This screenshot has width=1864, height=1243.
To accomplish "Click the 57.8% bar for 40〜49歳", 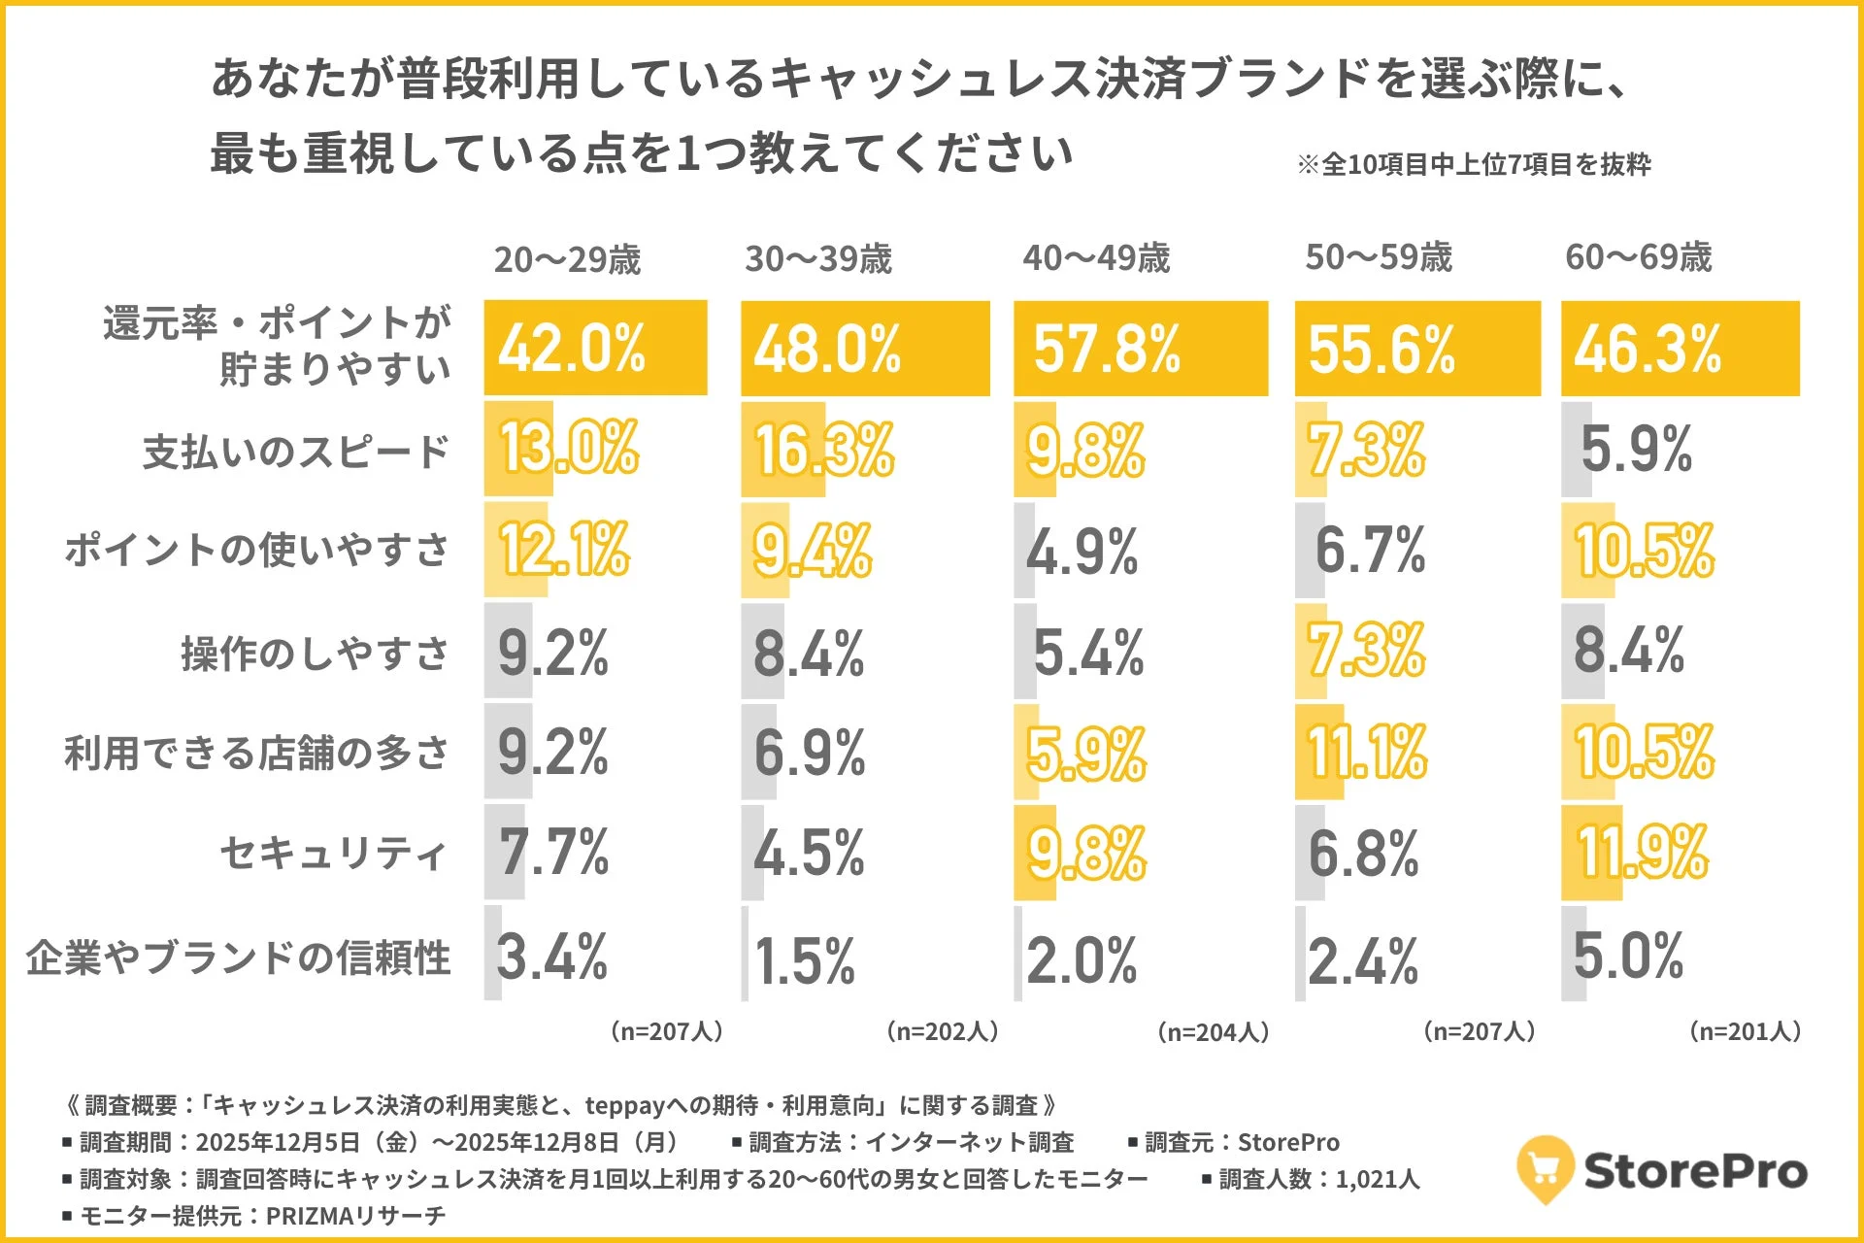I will [1140, 349].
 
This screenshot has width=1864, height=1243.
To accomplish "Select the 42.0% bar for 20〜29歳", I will [594, 349].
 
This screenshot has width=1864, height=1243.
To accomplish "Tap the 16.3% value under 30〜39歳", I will [823, 451].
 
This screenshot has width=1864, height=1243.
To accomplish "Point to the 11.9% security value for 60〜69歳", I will [1641, 853].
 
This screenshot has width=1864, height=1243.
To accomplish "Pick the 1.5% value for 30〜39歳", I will [804, 961].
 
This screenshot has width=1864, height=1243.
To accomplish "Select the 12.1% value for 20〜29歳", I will [563, 550].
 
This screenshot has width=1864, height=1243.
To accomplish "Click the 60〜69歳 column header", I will [1638, 257].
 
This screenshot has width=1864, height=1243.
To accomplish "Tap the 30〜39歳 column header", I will [817, 259].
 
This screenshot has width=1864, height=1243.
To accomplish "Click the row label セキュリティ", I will [333, 854].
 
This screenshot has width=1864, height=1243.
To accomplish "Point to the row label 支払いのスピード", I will [295, 452].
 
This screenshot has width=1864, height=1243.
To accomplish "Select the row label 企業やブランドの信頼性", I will [238, 957].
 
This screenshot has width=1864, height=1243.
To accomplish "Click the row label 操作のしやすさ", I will [315, 653].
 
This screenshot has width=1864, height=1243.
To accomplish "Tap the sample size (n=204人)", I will [1213, 1031].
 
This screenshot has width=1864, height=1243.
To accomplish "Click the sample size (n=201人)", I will [1745, 1031].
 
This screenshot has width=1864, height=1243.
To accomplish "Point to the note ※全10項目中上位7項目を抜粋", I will [1473, 164].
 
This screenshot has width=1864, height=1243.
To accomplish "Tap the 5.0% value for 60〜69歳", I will [1627, 956].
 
